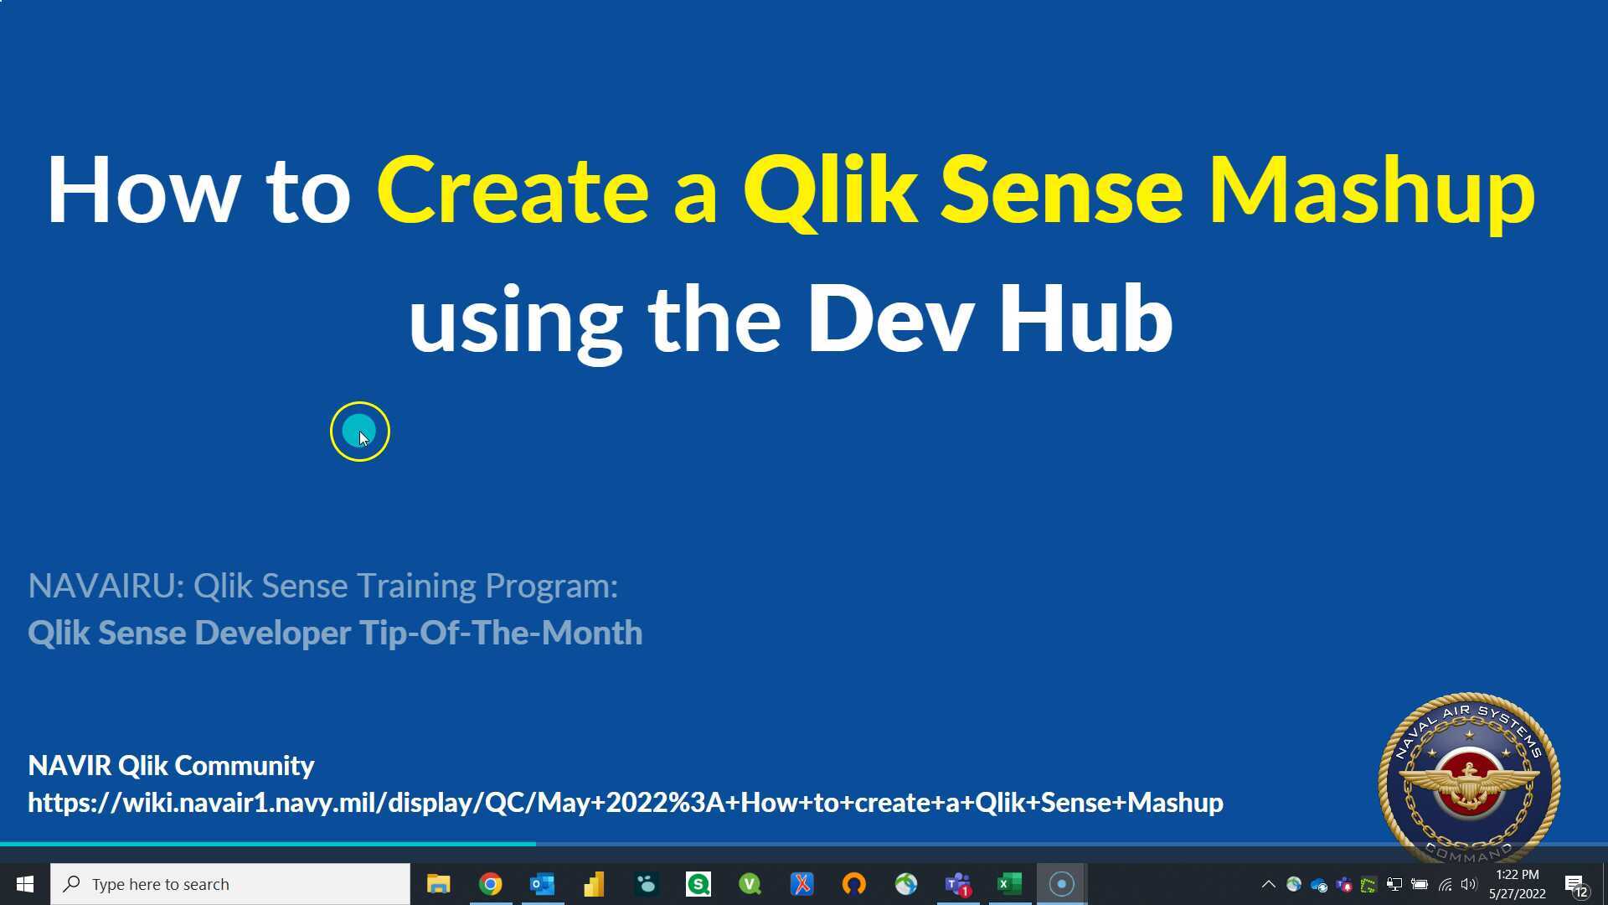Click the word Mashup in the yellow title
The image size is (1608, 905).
[x=1371, y=191]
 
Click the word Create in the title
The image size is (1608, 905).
[x=513, y=191]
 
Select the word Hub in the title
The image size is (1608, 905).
[x=1085, y=319]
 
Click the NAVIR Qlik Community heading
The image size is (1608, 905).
[x=171, y=765]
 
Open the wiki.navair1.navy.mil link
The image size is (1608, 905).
[x=625, y=802]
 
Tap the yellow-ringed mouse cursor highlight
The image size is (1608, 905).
[x=360, y=432]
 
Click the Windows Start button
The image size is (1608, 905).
[x=24, y=884]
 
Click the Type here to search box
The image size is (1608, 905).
[x=230, y=884]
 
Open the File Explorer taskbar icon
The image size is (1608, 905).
[x=438, y=884]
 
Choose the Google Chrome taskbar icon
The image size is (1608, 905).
[x=490, y=884]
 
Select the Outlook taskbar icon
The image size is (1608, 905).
[x=542, y=884]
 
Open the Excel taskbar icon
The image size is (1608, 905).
[x=1009, y=884]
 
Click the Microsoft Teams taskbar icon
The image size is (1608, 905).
[x=957, y=884]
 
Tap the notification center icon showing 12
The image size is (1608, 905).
[x=1575, y=885]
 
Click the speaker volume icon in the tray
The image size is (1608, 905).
[x=1469, y=884]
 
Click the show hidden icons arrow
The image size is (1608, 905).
[x=1268, y=884]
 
